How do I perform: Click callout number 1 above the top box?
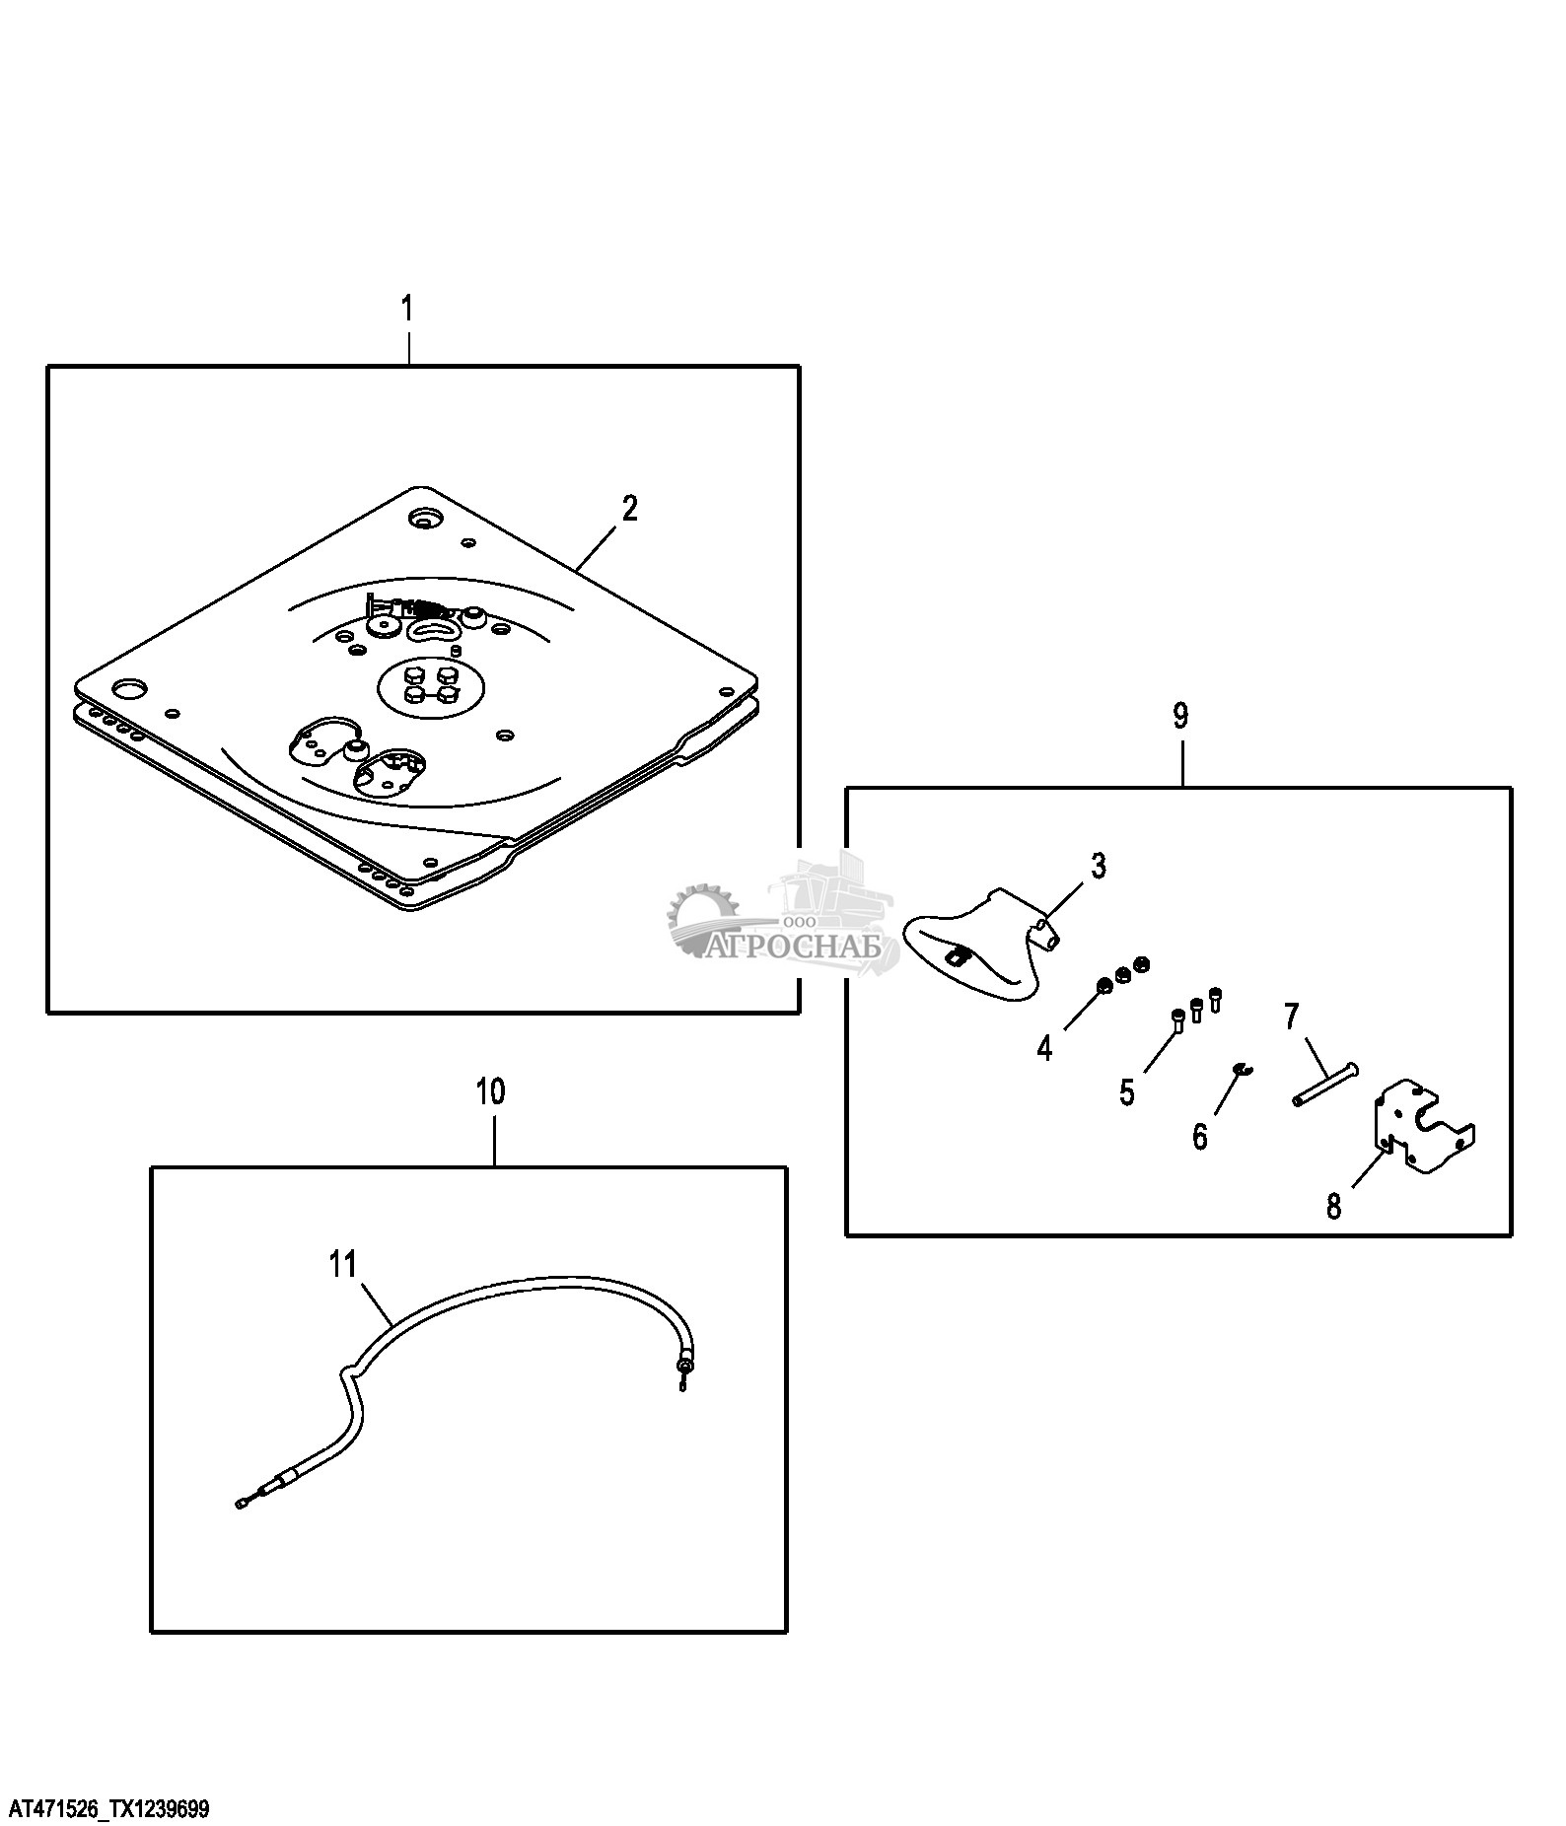407,309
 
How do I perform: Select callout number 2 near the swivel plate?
629,509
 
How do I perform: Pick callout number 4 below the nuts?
1044,1047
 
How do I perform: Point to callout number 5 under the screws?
1127,1092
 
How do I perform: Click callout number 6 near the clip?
1200,1137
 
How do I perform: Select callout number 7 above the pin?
1292,1016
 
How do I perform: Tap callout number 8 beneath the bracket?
1334,1206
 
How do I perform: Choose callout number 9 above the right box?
1181,716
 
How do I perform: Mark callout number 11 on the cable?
342,1264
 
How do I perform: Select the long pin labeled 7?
1321,1084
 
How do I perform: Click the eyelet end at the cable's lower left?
242,1531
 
